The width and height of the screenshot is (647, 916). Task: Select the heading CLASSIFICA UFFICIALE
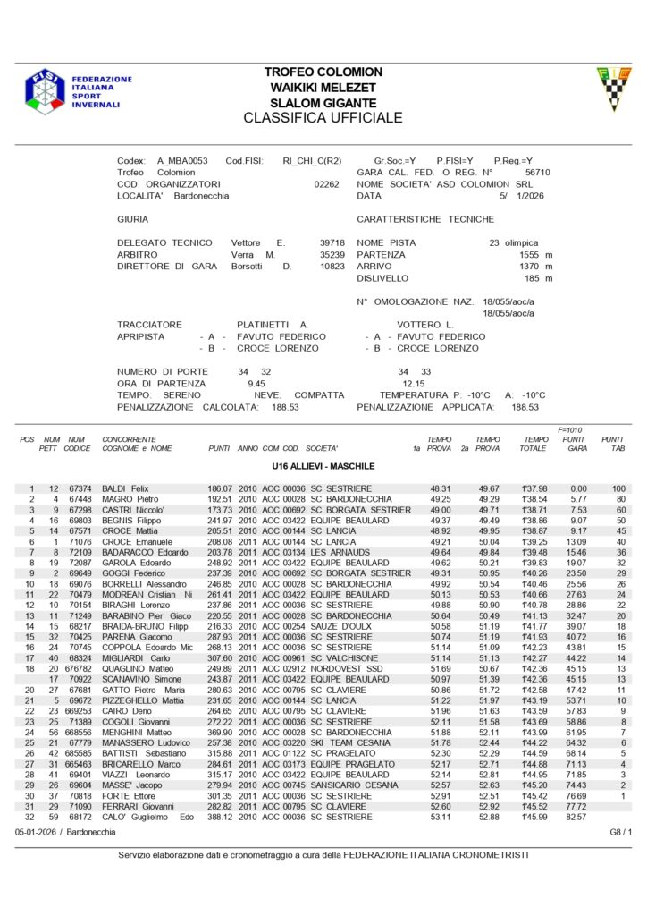[323, 118]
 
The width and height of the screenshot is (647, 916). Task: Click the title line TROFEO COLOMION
[323, 72]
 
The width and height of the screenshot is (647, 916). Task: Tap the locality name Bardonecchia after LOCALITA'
[202, 195]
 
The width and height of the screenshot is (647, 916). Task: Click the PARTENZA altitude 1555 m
[536, 255]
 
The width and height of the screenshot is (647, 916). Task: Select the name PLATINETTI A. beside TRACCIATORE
[273, 325]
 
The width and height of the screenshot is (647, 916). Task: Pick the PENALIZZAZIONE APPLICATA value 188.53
[526, 406]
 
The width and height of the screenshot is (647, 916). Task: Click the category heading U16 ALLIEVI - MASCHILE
[323, 466]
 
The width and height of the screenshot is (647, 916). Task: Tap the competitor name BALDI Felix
[125, 488]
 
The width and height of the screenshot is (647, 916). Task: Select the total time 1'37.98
[534, 488]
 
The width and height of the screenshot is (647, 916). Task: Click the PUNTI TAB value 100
[618, 488]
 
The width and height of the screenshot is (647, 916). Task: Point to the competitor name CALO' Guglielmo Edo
[148, 817]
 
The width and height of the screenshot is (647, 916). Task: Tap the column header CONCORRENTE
[130, 440]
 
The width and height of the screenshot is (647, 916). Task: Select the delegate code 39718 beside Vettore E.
[332, 243]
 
